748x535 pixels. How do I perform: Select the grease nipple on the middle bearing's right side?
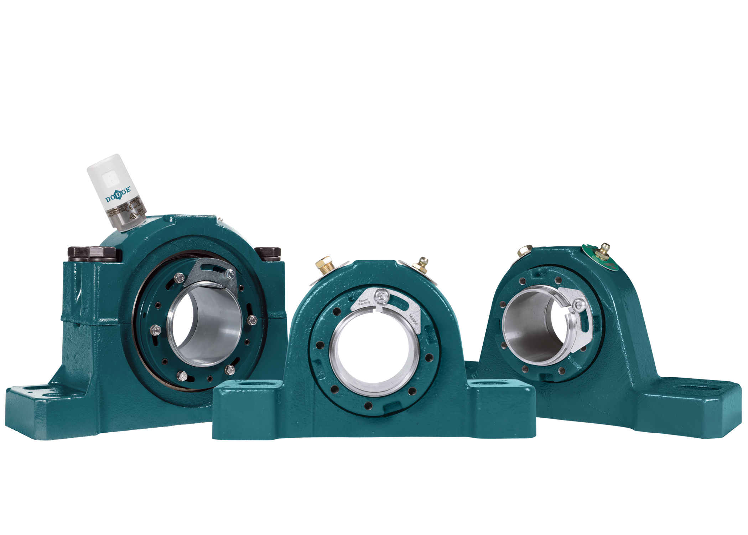point(421,265)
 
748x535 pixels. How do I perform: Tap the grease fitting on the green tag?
point(604,248)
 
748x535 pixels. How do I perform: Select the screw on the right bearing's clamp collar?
point(577,304)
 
